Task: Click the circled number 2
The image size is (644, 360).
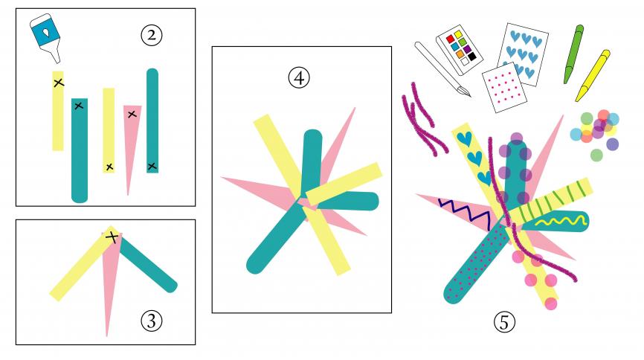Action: click(152, 36)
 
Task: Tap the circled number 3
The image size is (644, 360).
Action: click(152, 321)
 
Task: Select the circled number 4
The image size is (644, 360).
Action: click(299, 77)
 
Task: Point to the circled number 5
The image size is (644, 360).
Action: click(504, 322)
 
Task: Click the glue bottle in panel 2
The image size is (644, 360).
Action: click(46, 36)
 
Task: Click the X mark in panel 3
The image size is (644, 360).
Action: click(112, 237)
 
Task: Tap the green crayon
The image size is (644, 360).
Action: click(574, 54)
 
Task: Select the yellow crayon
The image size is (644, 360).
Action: click(592, 76)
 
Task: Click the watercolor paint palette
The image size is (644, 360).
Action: click(459, 49)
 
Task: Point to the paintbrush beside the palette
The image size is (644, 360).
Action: click(442, 69)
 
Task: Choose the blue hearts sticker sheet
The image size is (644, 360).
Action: click(523, 54)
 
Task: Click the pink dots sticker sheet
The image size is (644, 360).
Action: click(504, 88)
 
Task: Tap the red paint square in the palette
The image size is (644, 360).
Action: click(450, 39)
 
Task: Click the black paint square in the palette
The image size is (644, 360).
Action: click(472, 56)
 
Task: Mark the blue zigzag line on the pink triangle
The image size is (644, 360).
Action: click(465, 213)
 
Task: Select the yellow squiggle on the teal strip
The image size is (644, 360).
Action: click(560, 222)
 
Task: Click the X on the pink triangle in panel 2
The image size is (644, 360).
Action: click(132, 115)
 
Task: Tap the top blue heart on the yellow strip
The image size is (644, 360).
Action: click(465, 139)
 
